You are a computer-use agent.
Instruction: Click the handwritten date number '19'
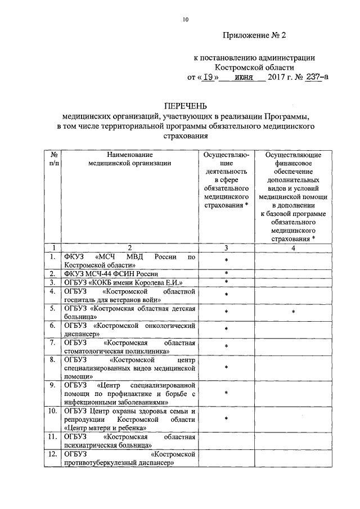208,78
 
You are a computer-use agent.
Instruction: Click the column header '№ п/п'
52,159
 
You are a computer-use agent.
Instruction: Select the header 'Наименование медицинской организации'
129,159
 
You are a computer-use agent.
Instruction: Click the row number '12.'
52,454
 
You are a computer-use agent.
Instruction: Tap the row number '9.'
52,385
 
